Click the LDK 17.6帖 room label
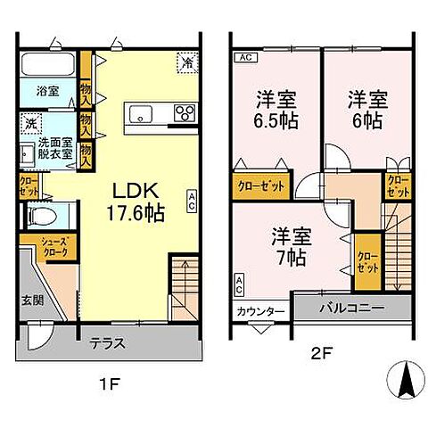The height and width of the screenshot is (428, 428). click(136, 202)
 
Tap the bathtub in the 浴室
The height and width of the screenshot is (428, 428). click(49, 66)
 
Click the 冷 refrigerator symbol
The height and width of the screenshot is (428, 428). click(186, 63)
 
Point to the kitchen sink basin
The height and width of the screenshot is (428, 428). click(143, 113)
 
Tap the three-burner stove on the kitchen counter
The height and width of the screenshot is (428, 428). click(185, 113)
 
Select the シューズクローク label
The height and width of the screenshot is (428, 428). click(36, 247)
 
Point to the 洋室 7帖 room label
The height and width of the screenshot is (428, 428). click(290, 247)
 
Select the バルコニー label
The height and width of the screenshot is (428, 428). click(352, 308)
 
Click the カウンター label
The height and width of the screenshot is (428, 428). click(260, 312)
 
